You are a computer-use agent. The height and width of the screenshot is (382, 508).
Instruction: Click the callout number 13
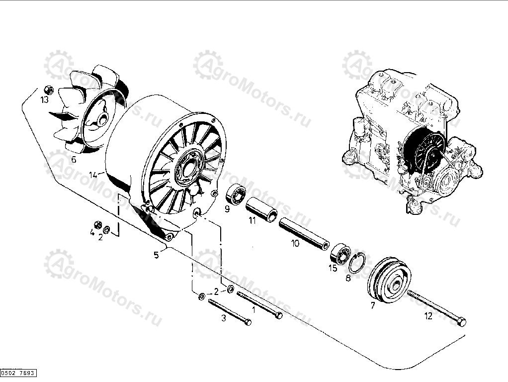(45, 99)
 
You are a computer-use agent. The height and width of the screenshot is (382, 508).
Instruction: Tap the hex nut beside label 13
(49, 90)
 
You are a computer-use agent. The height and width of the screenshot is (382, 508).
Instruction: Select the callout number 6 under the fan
(73, 160)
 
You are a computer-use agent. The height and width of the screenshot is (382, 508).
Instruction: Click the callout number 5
(156, 255)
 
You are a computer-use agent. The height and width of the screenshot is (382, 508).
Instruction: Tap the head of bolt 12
(461, 321)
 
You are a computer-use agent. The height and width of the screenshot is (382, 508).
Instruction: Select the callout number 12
(428, 315)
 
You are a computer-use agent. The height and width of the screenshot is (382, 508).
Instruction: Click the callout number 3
(224, 318)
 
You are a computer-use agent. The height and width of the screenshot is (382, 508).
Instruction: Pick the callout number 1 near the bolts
(254, 309)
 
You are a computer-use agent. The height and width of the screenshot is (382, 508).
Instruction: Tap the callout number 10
(295, 244)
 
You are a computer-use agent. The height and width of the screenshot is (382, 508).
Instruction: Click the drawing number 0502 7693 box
(18, 373)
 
